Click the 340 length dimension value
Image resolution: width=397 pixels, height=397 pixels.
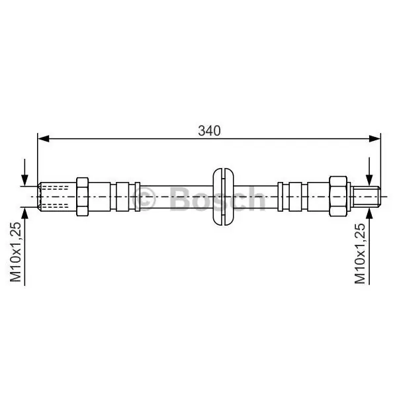209,131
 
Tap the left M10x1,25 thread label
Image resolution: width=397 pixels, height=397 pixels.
15,252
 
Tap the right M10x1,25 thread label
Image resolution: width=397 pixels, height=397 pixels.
360,253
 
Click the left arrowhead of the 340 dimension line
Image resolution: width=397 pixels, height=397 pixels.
43,138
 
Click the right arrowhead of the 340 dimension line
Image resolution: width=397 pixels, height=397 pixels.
375,138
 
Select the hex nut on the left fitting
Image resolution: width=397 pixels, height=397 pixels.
82,197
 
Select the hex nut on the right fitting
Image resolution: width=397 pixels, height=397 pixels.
338,197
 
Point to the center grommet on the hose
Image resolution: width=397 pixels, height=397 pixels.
223,197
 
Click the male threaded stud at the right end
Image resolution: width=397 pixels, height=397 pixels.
367,197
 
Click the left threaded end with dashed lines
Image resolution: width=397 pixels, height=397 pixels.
57,197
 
